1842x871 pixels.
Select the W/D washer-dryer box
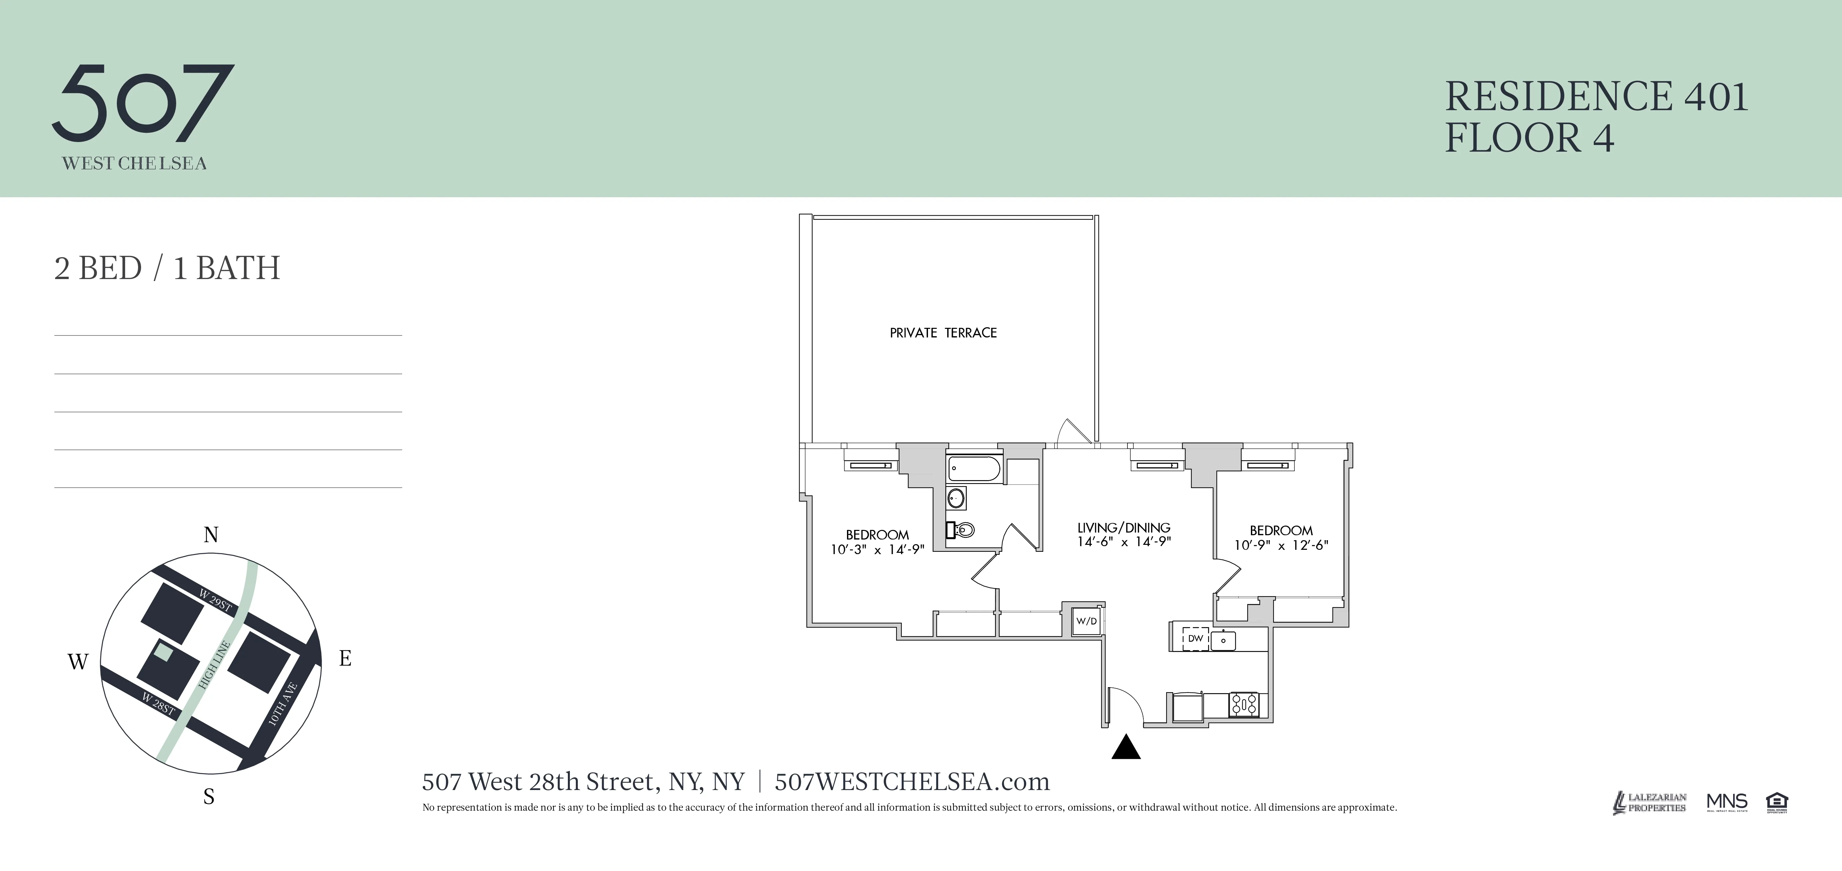coord(1086,621)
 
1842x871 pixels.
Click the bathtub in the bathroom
coord(974,469)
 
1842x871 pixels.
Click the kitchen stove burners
coord(1244,704)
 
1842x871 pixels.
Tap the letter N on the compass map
coord(210,535)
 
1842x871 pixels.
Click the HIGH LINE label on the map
coord(214,665)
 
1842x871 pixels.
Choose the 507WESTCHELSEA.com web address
coord(912,782)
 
